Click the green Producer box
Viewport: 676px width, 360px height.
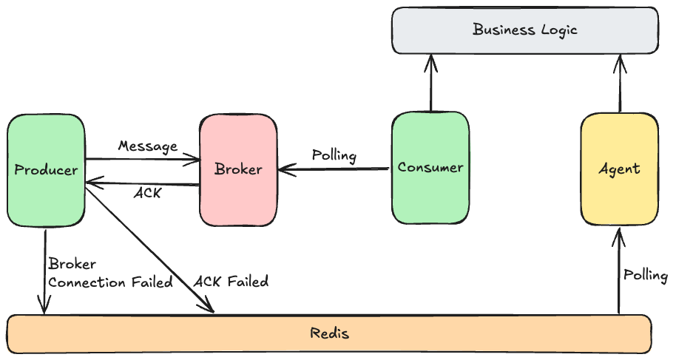tap(46, 170)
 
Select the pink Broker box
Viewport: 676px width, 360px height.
tap(238, 170)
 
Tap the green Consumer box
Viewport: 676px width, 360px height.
tap(430, 167)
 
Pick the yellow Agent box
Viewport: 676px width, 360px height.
tap(619, 169)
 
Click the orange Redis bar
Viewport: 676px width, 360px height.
tap(329, 333)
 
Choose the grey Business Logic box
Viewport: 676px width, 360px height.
tap(524, 30)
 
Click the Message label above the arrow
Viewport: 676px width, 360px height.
tap(148, 146)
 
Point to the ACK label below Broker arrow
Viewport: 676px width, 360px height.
tap(148, 194)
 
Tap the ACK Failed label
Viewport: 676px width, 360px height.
tap(231, 281)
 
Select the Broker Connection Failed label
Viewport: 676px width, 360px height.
tap(110, 273)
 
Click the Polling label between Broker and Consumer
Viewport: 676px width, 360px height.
tap(334, 156)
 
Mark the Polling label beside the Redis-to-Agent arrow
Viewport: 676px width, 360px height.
tap(646, 276)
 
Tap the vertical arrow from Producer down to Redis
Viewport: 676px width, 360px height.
tap(45, 270)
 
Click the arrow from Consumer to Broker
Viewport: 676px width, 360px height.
tap(334, 170)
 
